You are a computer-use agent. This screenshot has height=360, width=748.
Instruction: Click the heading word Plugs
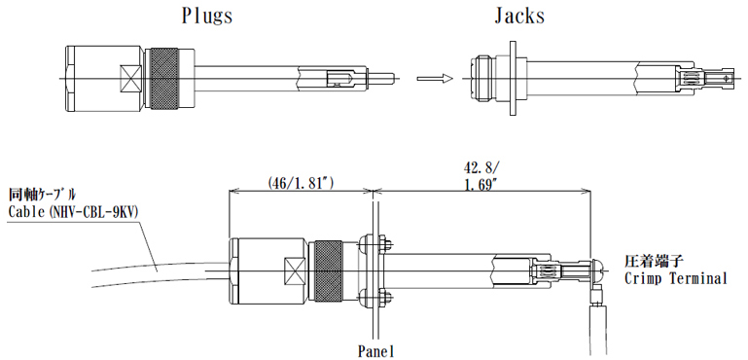click(x=206, y=16)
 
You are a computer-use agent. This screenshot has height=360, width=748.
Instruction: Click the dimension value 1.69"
click(x=482, y=183)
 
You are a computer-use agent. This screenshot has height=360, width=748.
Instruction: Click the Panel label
click(x=375, y=349)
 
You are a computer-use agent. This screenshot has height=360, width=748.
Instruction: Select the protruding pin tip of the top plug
click(x=382, y=77)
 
